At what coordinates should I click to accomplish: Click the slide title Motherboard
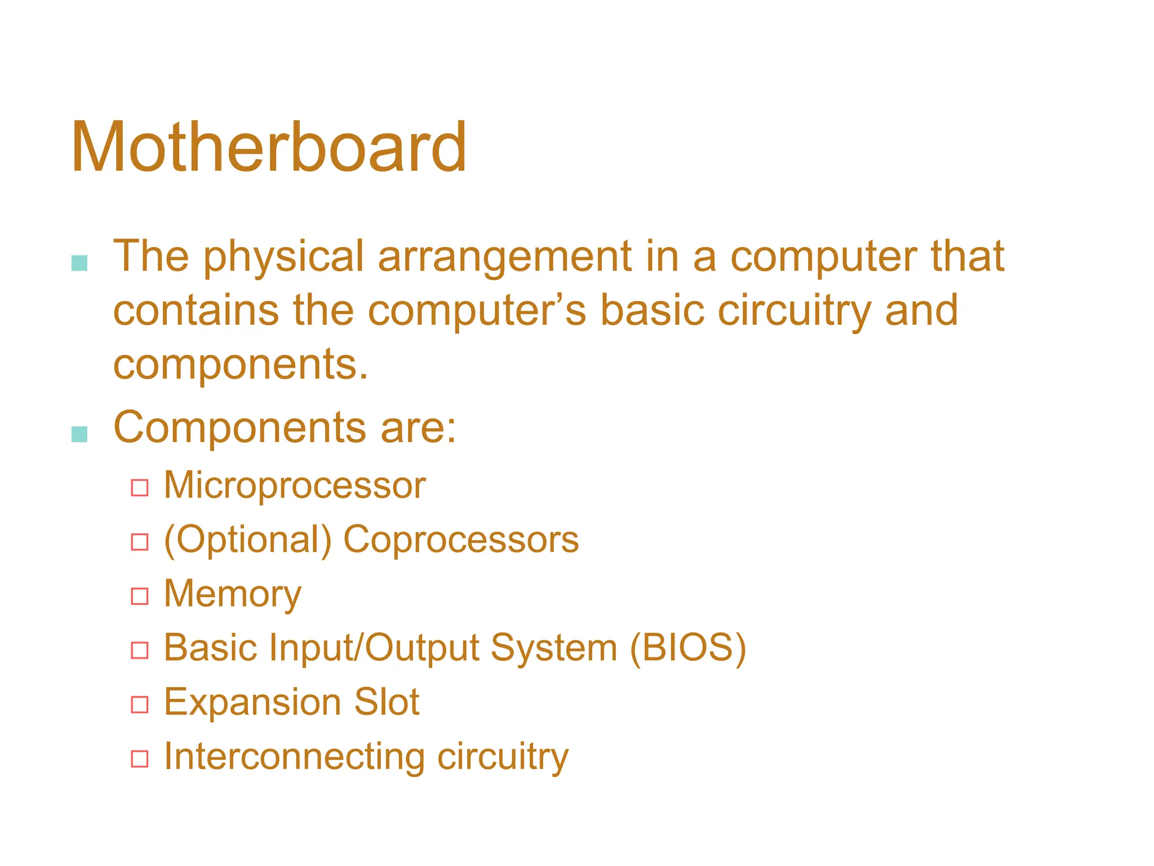269,148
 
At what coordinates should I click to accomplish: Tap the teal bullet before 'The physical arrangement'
79,263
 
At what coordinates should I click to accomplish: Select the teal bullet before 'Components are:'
79,434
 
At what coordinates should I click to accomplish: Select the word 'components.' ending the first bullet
241,365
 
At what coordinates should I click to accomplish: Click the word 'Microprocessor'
295,485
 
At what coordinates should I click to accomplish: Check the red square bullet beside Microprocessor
140,488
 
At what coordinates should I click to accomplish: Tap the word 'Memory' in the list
233,594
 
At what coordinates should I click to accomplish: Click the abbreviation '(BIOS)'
688,648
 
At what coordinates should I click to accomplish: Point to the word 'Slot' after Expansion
387,702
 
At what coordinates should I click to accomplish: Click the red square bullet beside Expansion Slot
140,705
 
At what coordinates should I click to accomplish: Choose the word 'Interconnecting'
294,757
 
